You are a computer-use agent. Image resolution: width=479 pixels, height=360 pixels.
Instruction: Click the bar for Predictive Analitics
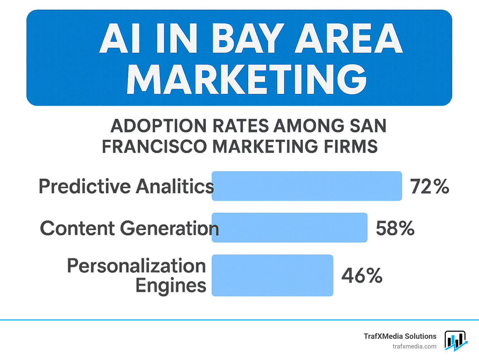(x=307, y=186)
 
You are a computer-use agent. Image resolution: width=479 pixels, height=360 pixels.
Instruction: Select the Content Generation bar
(x=289, y=228)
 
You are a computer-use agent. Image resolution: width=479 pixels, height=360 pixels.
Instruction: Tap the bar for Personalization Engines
(x=272, y=275)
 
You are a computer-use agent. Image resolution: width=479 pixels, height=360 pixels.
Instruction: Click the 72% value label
(x=429, y=186)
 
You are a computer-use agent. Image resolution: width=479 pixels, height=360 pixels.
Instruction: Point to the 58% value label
(x=395, y=228)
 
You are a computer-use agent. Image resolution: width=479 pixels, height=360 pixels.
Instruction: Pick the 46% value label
(x=362, y=275)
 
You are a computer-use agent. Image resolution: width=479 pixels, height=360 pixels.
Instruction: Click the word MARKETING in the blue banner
(x=246, y=79)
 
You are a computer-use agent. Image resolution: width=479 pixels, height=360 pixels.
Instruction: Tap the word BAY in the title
(x=248, y=38)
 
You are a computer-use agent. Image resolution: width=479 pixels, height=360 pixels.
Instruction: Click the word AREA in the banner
(x=349, y=38)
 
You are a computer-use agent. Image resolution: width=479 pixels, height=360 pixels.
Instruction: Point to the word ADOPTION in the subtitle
(x=158, y=126)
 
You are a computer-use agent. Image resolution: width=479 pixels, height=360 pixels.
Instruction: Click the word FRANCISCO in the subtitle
(x=154, y=146)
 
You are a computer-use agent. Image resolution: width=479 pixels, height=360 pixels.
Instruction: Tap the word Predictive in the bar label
(x=85, y=186)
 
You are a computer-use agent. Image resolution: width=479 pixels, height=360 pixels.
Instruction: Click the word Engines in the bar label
(x=171, y=285)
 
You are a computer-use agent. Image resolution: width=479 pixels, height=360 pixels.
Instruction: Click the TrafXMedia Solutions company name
(x=400, y=336)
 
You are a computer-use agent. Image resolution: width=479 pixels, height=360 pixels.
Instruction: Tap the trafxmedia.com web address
(x=414, y=346)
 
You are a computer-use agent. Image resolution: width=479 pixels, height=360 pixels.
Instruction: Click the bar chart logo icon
(x=456, y=341)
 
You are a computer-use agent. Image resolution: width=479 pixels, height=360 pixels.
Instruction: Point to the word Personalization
(x=137, y=266)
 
